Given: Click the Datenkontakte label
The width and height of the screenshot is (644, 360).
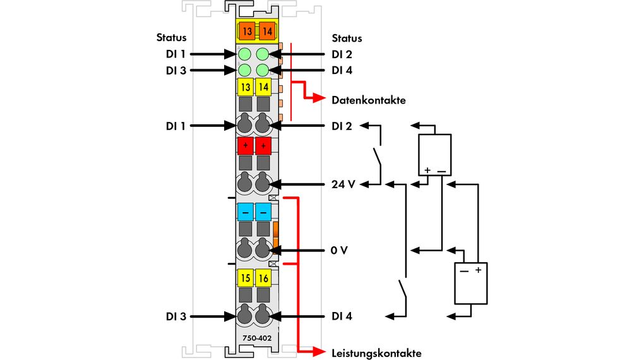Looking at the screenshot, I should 368,100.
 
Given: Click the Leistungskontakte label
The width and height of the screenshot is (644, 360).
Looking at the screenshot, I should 376,352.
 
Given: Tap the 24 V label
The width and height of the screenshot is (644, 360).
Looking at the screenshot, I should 343,184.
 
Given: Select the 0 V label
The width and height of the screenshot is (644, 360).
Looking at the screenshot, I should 339,250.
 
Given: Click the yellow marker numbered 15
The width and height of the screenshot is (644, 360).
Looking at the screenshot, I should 245,277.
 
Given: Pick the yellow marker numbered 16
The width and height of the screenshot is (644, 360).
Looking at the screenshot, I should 263,277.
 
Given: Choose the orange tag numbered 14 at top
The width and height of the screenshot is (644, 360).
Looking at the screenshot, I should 266,30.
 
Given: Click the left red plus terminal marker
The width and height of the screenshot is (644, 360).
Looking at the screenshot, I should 245,146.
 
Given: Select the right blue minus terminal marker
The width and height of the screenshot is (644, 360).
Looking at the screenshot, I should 263,212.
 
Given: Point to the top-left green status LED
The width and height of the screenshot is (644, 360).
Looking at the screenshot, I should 246,54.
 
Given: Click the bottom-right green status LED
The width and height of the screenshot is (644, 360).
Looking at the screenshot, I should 263,70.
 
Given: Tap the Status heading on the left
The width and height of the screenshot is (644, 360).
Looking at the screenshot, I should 171,38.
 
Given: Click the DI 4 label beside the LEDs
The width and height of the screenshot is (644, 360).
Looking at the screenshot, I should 342,70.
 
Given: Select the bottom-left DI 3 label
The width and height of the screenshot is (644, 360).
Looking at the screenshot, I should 176,316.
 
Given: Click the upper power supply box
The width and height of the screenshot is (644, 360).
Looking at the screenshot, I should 435,155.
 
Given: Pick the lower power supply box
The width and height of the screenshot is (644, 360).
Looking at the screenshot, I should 471,283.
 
